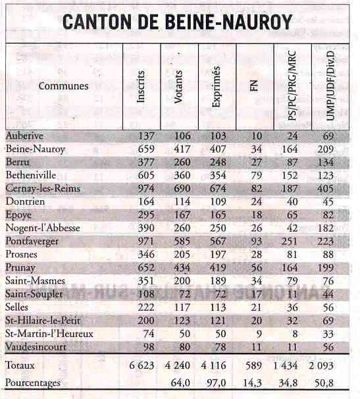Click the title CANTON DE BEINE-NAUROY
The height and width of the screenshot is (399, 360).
point(177,22)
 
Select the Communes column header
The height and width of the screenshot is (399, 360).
point(64,86)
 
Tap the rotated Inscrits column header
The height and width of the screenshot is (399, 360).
point(141,86)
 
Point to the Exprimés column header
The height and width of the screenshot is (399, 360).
point(217,86)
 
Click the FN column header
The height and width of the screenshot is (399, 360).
point(254,86)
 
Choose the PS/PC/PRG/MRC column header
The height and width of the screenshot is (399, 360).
point(292,85)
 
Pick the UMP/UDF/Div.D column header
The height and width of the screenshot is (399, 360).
point(330,86)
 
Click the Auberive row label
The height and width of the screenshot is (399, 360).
point(24,136)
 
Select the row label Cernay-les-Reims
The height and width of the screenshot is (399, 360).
point(43,188)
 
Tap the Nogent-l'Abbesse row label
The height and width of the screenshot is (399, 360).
point(43,228)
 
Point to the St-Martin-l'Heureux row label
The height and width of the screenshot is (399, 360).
point(49,334)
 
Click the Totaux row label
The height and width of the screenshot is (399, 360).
point(20,365)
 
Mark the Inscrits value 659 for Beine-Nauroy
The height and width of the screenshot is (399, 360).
point(146,149)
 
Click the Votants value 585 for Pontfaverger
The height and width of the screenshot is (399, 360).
point(182,241)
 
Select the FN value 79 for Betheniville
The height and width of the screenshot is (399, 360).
point(256,175)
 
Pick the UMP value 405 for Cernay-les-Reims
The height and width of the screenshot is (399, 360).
point(325,188)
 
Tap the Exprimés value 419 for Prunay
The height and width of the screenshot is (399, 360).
point(218,268)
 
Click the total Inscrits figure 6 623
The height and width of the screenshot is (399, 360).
point(141,365)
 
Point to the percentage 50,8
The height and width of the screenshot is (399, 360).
point(324,383)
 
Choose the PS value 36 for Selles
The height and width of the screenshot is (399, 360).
point(292,307)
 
